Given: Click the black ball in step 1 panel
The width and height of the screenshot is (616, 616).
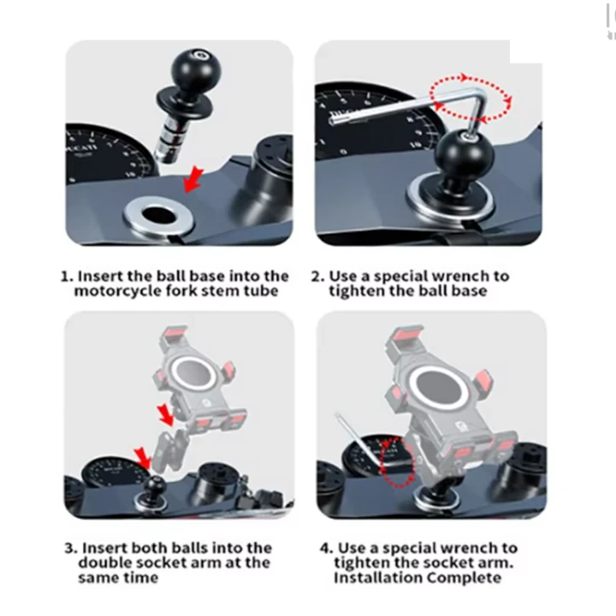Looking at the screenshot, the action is click(196, 70).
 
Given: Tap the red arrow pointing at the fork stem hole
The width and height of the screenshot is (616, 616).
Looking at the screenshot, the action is click(193, 179).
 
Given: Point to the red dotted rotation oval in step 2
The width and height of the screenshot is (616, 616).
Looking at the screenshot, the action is click(471, 98).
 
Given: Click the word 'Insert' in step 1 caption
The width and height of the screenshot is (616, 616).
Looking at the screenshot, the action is click(100, 275).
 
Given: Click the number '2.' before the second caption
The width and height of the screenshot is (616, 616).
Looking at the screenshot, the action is click(317, 276).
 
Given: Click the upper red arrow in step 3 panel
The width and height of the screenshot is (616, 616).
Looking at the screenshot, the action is click(165, 415).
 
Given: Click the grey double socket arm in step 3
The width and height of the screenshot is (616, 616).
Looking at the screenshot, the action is click(169, 451).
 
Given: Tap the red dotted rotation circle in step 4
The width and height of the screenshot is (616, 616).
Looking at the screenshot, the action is click(397, 462).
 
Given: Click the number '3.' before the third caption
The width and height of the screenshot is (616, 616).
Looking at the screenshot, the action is click(70, 548).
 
